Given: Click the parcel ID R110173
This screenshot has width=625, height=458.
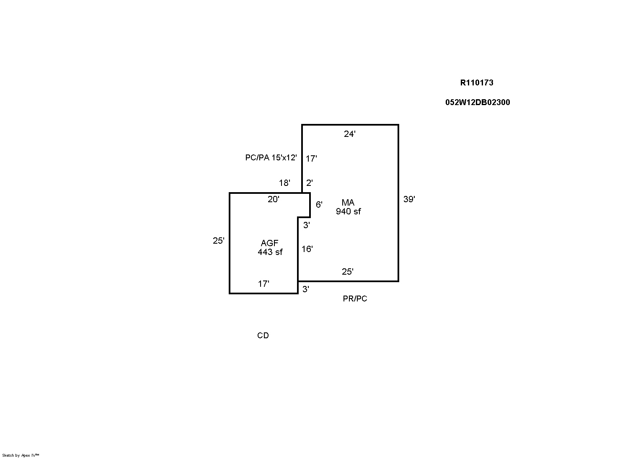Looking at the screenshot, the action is [477, 82].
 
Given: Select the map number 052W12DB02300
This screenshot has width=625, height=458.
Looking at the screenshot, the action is [478, 103].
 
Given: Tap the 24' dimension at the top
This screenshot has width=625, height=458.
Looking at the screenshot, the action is [350, 134].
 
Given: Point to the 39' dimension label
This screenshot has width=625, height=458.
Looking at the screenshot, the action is [409, 199].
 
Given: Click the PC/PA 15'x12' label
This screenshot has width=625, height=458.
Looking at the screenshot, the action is [271, 157].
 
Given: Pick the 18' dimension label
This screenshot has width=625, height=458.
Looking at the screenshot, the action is [284, 183].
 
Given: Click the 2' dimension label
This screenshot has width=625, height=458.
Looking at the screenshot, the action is [310, 183].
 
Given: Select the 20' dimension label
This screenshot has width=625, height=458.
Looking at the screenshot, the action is [274, 199].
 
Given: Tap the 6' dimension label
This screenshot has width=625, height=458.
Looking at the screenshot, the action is [319, 205].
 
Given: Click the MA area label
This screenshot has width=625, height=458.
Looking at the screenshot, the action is [348, 202].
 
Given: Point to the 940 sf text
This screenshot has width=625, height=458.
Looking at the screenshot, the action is [348, 211].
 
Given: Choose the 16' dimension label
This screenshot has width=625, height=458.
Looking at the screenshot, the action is [307, 249].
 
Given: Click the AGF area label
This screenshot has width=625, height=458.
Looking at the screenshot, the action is [269, 243].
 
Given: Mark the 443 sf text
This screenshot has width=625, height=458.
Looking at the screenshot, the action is [270, 252].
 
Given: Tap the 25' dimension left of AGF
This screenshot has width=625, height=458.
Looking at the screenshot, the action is [219, 240].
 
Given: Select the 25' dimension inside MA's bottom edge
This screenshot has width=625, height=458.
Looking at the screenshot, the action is [348, 271].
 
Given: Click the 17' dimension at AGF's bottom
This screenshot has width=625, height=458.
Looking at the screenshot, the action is [263, 284].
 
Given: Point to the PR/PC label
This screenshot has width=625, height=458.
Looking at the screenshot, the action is [355, 298].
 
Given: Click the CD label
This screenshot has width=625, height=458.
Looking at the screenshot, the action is [263, 335].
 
